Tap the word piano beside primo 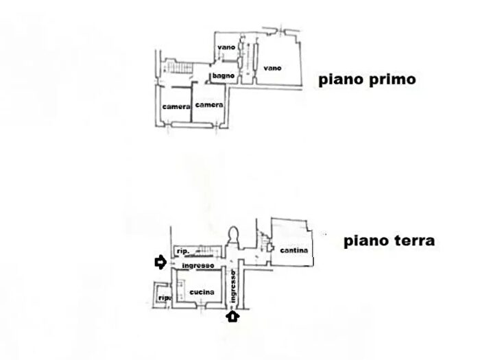(x=341, y=80)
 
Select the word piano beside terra (x=367, y=241)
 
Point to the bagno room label (x=224, y=75)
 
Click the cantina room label (x=294, y=250)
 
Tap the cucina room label (x=202, y=292)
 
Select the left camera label (x=176, y=106)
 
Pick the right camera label (x=209, y=105)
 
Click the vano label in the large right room (x=272, y=68)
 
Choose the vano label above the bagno (x=226, y=47)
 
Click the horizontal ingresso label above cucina (x=198, y=266)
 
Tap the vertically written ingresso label (x=233, y=287)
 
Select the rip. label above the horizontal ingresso (x=183, y=252)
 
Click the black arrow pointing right (x=160, y=263)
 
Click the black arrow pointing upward (x=232, y=317)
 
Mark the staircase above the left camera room (x=180, y=67)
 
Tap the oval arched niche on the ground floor (x=234, y=235)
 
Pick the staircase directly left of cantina (x=262, y=242)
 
